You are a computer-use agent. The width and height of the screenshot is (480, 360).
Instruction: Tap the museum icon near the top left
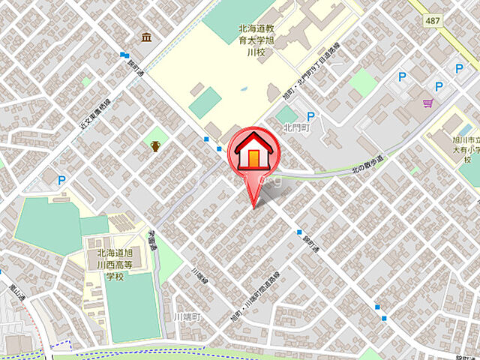tap(145, 37)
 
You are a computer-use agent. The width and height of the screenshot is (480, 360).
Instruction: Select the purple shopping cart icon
tap(427, 104)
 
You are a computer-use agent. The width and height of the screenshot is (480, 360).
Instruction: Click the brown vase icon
tap(155, 145)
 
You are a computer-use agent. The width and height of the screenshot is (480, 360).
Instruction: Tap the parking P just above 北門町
tap(310, 115)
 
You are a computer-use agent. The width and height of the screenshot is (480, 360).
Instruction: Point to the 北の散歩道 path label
tap(367, 165)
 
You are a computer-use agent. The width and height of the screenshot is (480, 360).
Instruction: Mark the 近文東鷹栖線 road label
tap(95, 117)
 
